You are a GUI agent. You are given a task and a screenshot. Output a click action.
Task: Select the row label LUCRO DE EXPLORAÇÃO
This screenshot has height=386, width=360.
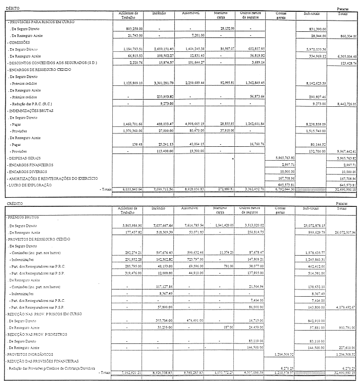[29, 184]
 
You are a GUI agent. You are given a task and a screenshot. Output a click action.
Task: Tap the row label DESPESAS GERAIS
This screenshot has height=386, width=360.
[24, 158]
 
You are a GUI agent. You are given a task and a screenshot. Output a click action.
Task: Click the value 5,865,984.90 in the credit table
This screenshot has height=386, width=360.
[127, 225]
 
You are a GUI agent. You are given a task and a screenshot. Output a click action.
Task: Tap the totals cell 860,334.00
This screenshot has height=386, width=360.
[345, 37]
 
